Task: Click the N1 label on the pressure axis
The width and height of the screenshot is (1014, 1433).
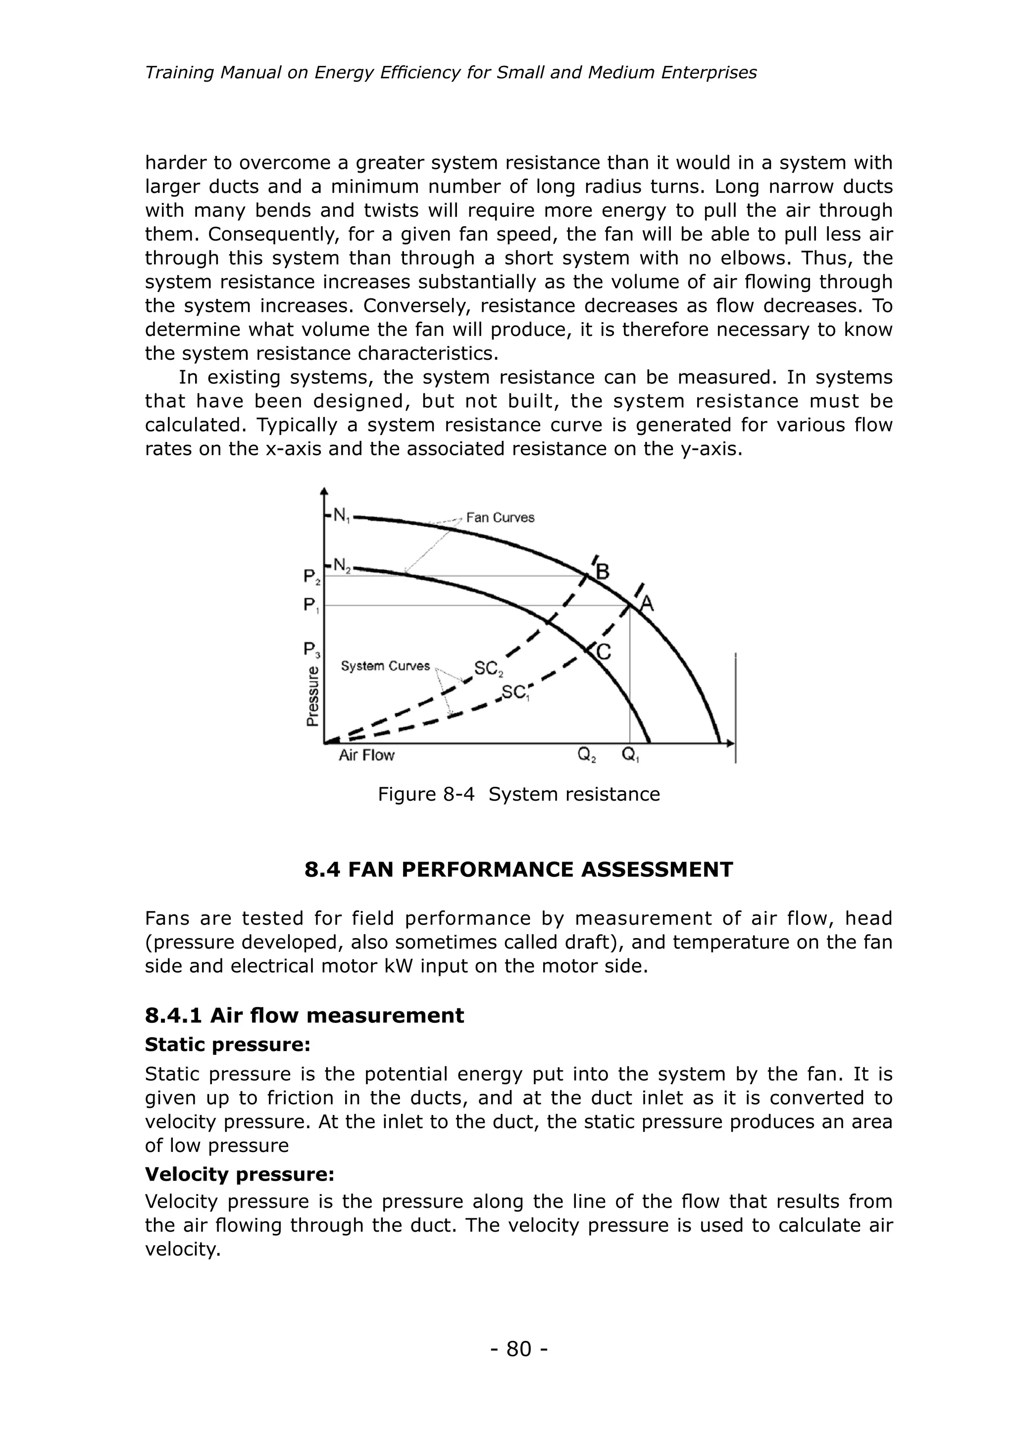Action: [341, 516]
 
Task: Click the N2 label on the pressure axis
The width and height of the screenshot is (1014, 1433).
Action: [342, 566]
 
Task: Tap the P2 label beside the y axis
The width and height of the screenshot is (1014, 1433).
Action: [311, 577]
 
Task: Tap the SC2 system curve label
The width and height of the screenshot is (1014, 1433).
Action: [488, 669]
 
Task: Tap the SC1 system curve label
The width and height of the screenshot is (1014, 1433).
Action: [516, 693]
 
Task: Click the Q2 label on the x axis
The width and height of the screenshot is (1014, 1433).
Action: [586, 755]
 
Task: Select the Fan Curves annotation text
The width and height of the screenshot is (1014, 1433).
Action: [500, 518]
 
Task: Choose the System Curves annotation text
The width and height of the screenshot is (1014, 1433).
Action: [385, 666]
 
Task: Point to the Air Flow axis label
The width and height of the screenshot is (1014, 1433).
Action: [366, 755]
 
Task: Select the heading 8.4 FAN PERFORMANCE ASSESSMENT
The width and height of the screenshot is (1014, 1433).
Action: [518, 869]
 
